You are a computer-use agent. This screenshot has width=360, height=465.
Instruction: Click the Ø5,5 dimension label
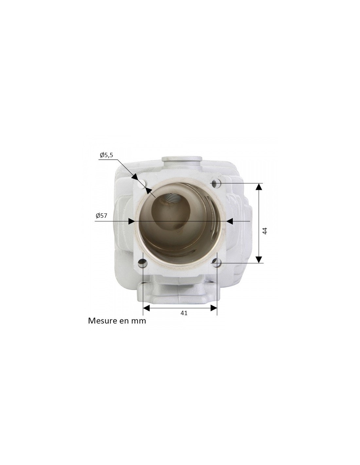(x=106, y=155)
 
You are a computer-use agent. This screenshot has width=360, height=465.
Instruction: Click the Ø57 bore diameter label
(x=101, y=215)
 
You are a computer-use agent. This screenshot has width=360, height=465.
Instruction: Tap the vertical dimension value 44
(x=265, y=231)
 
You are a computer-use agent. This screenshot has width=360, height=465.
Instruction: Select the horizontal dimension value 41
(x=184, y=313)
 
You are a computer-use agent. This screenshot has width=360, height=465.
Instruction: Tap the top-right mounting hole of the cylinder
(x=216, y=183)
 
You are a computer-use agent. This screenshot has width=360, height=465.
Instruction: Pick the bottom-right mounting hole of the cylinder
(x=216, y=261)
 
